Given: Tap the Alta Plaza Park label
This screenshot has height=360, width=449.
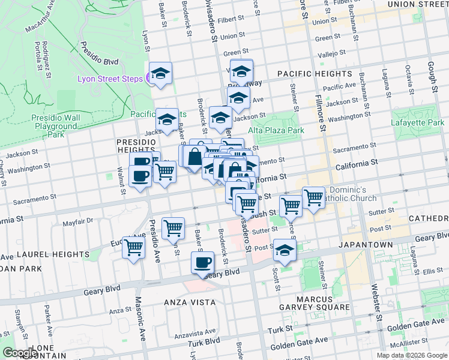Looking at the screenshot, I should (276, 130).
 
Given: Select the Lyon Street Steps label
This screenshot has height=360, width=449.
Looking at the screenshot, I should (110, 79).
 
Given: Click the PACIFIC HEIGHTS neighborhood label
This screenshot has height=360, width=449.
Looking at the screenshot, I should (315, 73).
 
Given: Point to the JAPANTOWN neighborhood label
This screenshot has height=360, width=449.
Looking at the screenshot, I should (364, 245).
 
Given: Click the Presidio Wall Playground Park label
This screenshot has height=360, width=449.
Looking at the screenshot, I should (55, 127).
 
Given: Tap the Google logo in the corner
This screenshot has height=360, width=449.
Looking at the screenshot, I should (19, 353).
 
